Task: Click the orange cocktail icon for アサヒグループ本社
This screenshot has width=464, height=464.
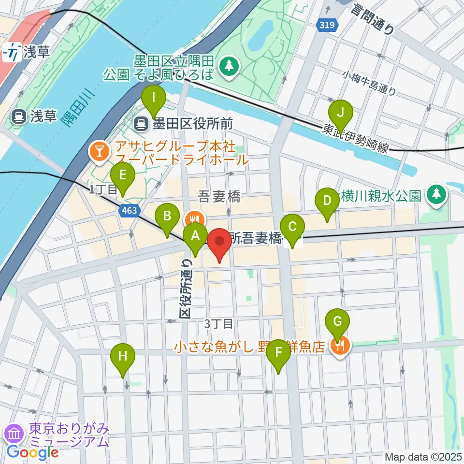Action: click(99, 153)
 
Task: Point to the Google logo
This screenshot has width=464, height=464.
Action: click(33, 452)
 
